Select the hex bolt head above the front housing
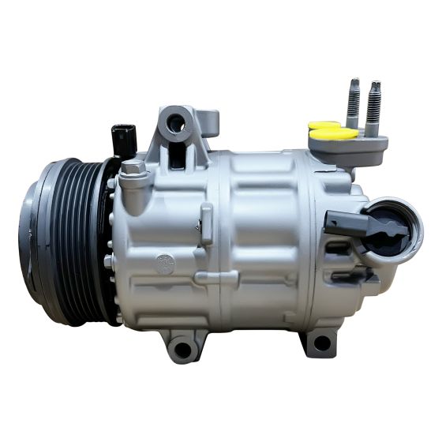coord(133,168)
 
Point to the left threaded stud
coord(354,103)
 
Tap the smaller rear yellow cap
coord(324,125)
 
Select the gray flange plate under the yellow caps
coord(365,146)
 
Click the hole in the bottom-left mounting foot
coord(183,347)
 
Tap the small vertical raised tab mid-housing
coord(206,223)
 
